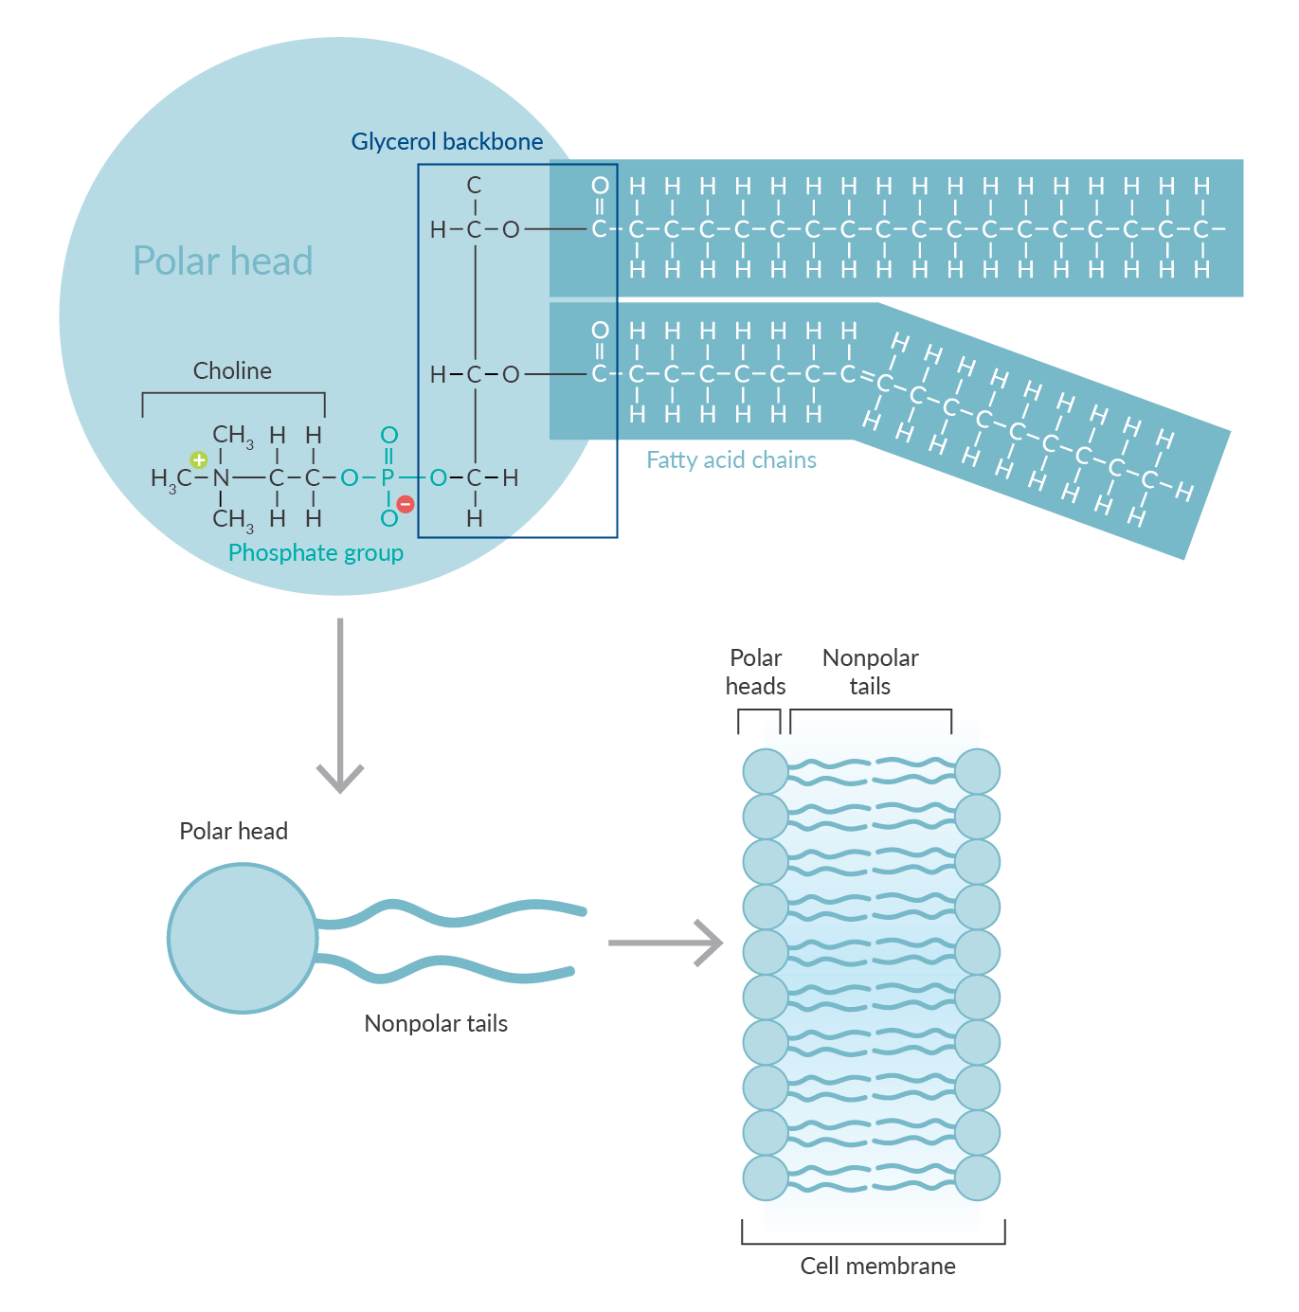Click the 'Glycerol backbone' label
click(446, 142)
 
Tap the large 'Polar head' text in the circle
click(223, 261)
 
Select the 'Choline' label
click(232, 370)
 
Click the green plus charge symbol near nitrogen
click(198, 460)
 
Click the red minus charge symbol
click(406, 504)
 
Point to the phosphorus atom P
click(388, 478)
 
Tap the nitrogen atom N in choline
click(221, 478)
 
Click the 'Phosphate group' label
click(316, 553)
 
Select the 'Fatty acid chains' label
click(731, 460)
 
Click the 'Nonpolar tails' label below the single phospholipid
click(436, 1024)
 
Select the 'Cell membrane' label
click(877, 1267)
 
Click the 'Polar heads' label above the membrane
click(755, 672)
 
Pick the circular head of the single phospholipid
click(243, 938)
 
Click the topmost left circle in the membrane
click(766, 771)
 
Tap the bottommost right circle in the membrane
click(978, 1178)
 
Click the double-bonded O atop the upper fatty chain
click(600, 186)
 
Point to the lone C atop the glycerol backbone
click(474, 186)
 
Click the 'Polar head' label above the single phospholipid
click(233, 832)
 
